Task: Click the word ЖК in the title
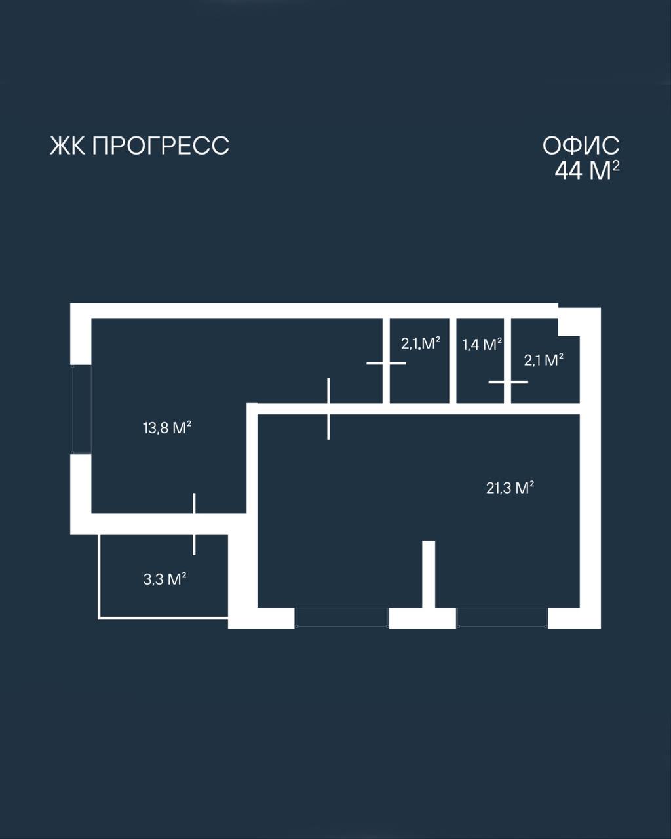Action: point(67,146)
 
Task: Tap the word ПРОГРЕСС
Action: point(161,146)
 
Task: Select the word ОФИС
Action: point(581,146)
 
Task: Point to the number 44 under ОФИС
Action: point(569,171)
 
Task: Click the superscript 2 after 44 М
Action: point(616,166)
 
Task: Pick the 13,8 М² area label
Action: point(167,428)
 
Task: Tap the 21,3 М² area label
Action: point(510,488)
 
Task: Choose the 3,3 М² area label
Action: point(164,579)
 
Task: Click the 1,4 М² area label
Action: point(482,344)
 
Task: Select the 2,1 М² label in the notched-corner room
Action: point(543,360)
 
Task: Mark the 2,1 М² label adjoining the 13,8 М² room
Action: point(421,343)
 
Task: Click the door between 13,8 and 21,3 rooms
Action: point(329,408)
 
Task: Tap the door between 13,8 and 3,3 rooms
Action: point(194,524)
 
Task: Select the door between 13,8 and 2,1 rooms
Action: point(386,363)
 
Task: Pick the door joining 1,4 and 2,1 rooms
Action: point(508,382)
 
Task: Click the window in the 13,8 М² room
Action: point(81,410)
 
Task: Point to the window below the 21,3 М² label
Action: point(502,623)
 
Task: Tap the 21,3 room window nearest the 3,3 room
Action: point(341,623)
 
